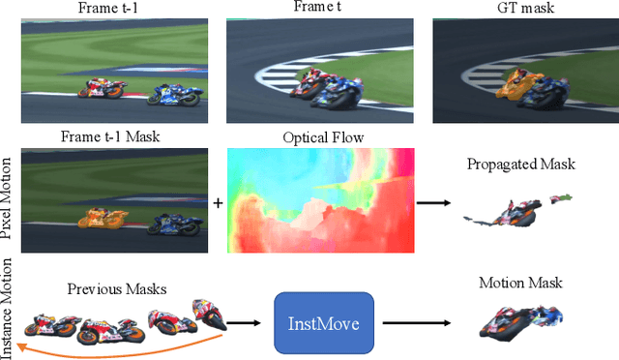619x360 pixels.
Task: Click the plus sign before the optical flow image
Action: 217,203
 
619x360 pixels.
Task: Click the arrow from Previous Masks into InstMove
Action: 248,323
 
